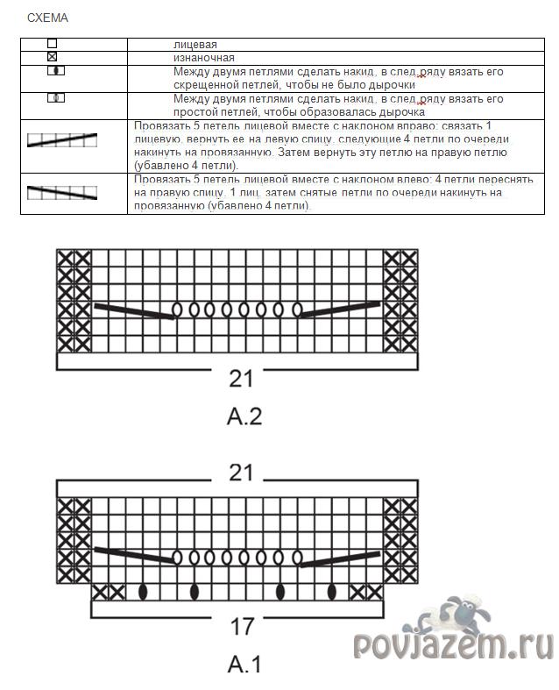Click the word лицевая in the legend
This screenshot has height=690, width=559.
pos(195,44)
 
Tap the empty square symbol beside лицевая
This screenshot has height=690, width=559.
pos(53,43)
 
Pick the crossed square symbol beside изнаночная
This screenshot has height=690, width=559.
pos(53,56)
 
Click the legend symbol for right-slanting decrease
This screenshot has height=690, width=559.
pos(61,139)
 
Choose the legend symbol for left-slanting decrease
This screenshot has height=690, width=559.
pos(61,192)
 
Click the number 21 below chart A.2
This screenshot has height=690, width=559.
pos(241,378)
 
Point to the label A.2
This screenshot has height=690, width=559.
pos(244,416)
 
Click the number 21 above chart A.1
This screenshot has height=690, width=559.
pos(241,473)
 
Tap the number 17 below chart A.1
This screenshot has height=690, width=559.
pos(242,626)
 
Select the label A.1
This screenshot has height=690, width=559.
pos(244,664)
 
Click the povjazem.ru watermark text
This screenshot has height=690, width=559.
pos(454,645)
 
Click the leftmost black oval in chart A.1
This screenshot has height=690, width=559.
pos(142,592)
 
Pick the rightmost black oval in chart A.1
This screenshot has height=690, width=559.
pos(331,592)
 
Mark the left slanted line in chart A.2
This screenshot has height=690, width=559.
pos(133,310)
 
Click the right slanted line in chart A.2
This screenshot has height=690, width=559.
pos(340,310)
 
